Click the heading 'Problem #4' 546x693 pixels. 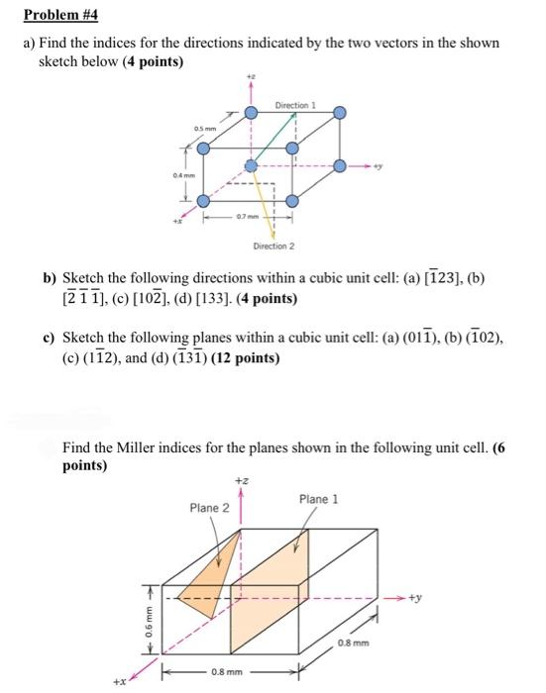tap(58, 16)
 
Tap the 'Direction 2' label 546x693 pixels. tap(272, 247)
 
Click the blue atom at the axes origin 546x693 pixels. tap(251, 165)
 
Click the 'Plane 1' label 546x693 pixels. tap(318, 499)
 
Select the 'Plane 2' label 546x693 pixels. tap(209, 508)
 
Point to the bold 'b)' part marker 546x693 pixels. tap(48, 280)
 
